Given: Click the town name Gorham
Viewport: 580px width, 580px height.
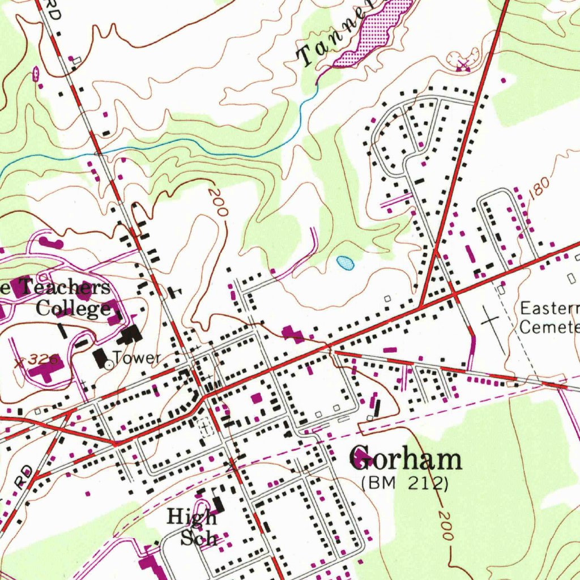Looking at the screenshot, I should [406, 458].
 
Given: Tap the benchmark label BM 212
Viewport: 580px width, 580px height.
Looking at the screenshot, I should [406, 483].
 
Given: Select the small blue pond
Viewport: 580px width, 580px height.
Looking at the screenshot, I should [345, 262].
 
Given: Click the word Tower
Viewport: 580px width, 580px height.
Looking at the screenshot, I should [137, 358].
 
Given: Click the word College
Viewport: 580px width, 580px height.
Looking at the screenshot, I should [73, 308].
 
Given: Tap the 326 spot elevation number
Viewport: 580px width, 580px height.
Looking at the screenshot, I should [41, 360].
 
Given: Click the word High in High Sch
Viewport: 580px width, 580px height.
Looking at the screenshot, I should [191, 517].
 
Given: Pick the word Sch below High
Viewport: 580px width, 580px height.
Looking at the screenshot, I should [199, 537].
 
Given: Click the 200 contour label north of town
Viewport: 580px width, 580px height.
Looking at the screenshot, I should [217, 203].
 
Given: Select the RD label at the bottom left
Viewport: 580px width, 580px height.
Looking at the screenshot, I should [23, 476].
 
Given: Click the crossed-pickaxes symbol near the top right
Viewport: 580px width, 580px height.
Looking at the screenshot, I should [464, 64].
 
